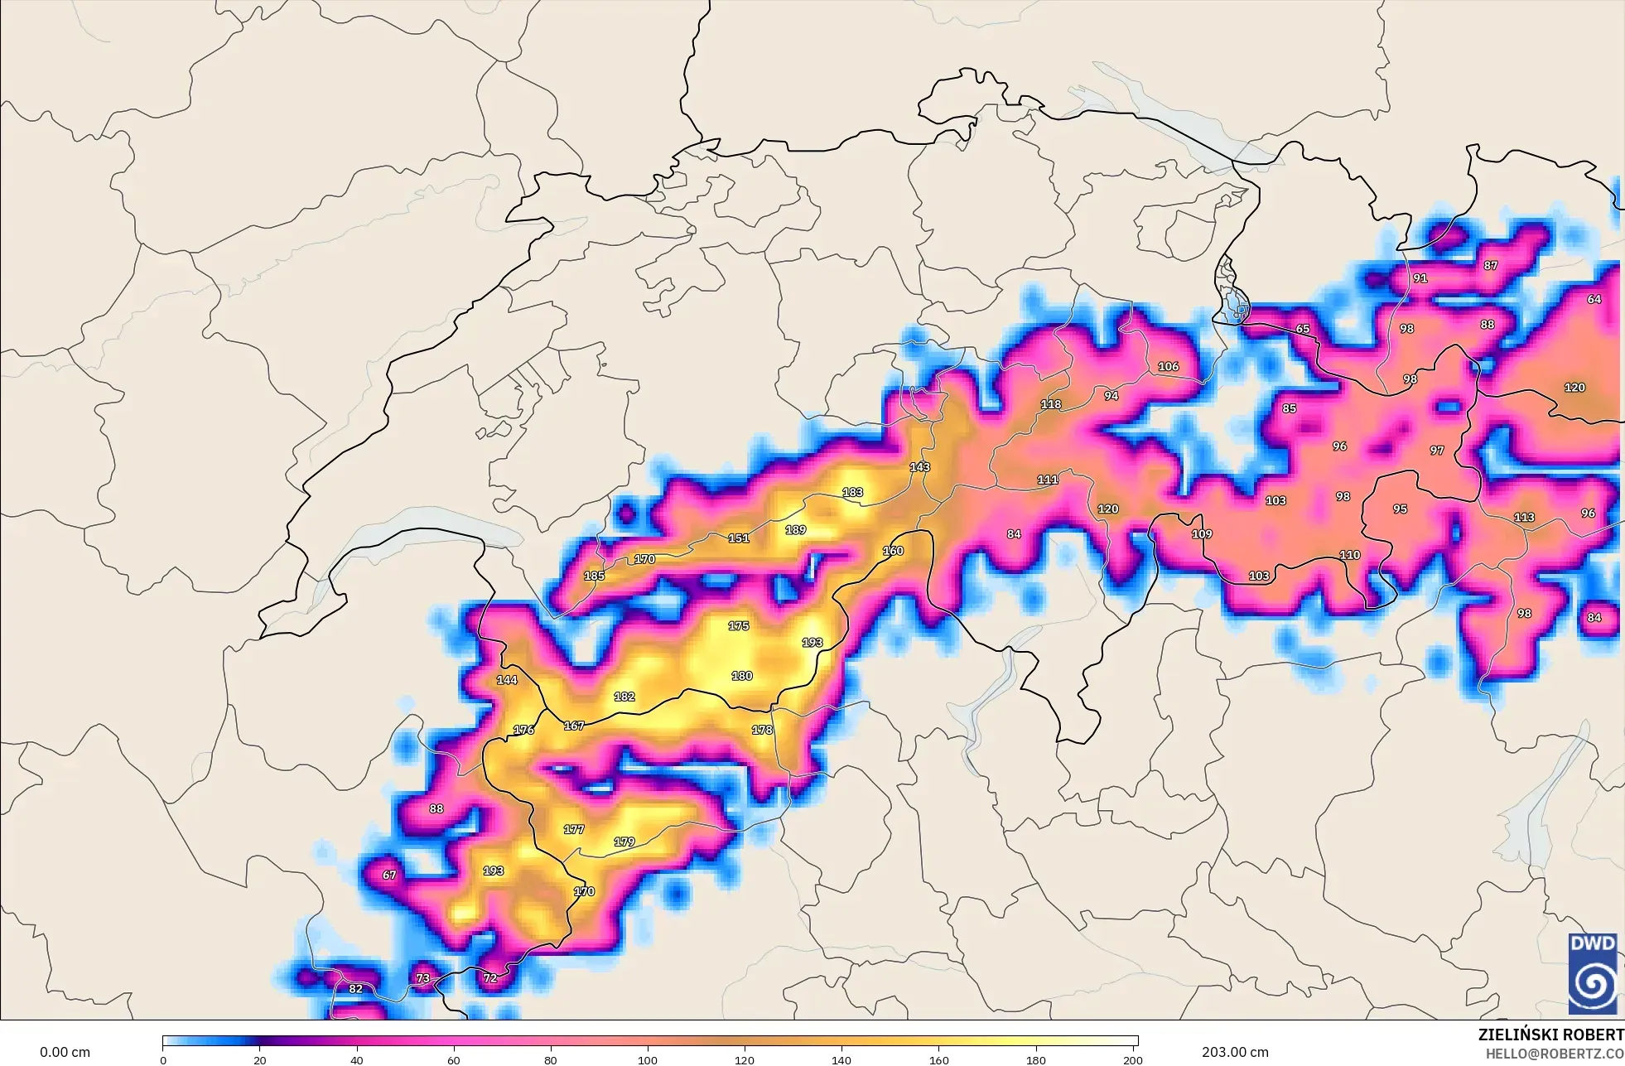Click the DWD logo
click(x=1593, y=973)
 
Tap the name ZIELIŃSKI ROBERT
click(x=1550, y=1035)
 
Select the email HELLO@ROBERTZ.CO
click(x=1554, y=1054)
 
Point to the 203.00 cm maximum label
click(x=1235, y=1052)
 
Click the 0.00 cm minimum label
click(x=65, y=1052)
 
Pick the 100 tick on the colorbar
click(x=648, y=1059)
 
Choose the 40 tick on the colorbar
click(x=356, y=1059)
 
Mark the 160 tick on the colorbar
click(x=938, y=1059)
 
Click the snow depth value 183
click(x=852, y=492)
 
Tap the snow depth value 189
click(x=795, y=530)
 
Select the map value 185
click(x=594, y=576)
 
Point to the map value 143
click(x=919, y=467)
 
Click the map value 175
click(x=738, y=626)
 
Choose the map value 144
click(x=506, y=680)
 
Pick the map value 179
click(x=624, y=842)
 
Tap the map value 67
click(x=389, y=875)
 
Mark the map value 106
click(x=1168, y=366)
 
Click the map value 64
click(x=1594, y=299)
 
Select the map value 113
click(x=1524, y=517)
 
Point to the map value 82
click(x=355, y=989)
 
